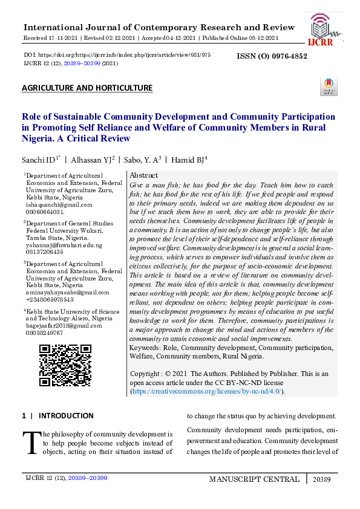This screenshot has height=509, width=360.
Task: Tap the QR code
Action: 65,365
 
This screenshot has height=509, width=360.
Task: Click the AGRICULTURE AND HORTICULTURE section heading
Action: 87,88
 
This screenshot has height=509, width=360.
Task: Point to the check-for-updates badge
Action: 329,86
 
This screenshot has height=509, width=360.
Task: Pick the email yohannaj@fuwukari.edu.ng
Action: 64,245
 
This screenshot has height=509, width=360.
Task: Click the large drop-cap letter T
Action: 30,443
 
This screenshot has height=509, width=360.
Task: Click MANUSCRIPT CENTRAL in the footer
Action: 254,479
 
